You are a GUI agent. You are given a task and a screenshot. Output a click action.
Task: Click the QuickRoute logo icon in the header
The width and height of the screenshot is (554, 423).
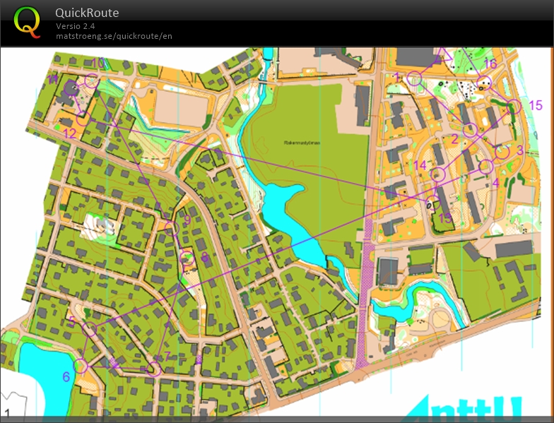click(x=28, y=21)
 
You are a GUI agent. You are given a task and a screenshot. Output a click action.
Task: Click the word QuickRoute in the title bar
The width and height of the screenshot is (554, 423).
click(x=87, y=13)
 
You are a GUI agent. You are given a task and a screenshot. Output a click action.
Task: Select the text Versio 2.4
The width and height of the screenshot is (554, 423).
click(x=76, y=26)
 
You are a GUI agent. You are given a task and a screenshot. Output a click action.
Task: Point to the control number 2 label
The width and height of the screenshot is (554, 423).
click(x=454, y=139)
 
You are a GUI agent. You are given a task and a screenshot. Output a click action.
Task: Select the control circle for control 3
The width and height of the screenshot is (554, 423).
click(x=502, y=151)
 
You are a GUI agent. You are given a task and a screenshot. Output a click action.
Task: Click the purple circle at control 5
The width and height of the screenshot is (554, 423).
click(x=89, y=328)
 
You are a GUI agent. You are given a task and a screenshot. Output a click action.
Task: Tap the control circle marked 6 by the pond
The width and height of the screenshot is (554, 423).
click(x=81, y=366)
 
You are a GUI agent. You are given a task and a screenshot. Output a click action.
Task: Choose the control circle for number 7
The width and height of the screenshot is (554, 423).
click(x=155, y=368)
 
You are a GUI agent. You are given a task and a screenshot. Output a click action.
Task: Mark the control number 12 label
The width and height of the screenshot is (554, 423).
click(x=69, y=133)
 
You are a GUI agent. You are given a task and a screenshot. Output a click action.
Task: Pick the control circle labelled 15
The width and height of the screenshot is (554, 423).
click(x=514, y=106)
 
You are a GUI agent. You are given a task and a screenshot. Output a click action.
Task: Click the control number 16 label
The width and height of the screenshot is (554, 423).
click(x=490, y=64)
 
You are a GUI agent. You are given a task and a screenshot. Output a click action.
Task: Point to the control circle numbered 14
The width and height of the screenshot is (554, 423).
click(x=437, y=174)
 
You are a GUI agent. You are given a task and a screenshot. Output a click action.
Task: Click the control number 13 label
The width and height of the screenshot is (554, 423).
click(x=444, y=218)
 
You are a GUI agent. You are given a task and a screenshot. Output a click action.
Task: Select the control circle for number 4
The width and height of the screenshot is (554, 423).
click(x=485, y=167)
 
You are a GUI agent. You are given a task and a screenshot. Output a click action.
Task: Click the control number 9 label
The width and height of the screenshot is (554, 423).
click(x=187, y=220)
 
